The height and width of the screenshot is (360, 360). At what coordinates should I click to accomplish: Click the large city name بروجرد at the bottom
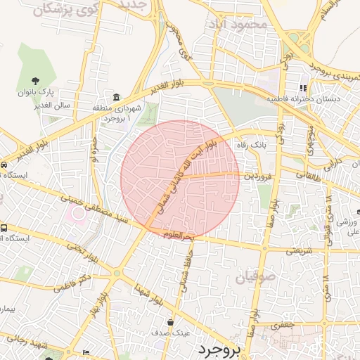pyautogui.click(x=219, y=349)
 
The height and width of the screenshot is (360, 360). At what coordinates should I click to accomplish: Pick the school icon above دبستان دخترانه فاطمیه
pyautogui.click(x=303, y=89)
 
